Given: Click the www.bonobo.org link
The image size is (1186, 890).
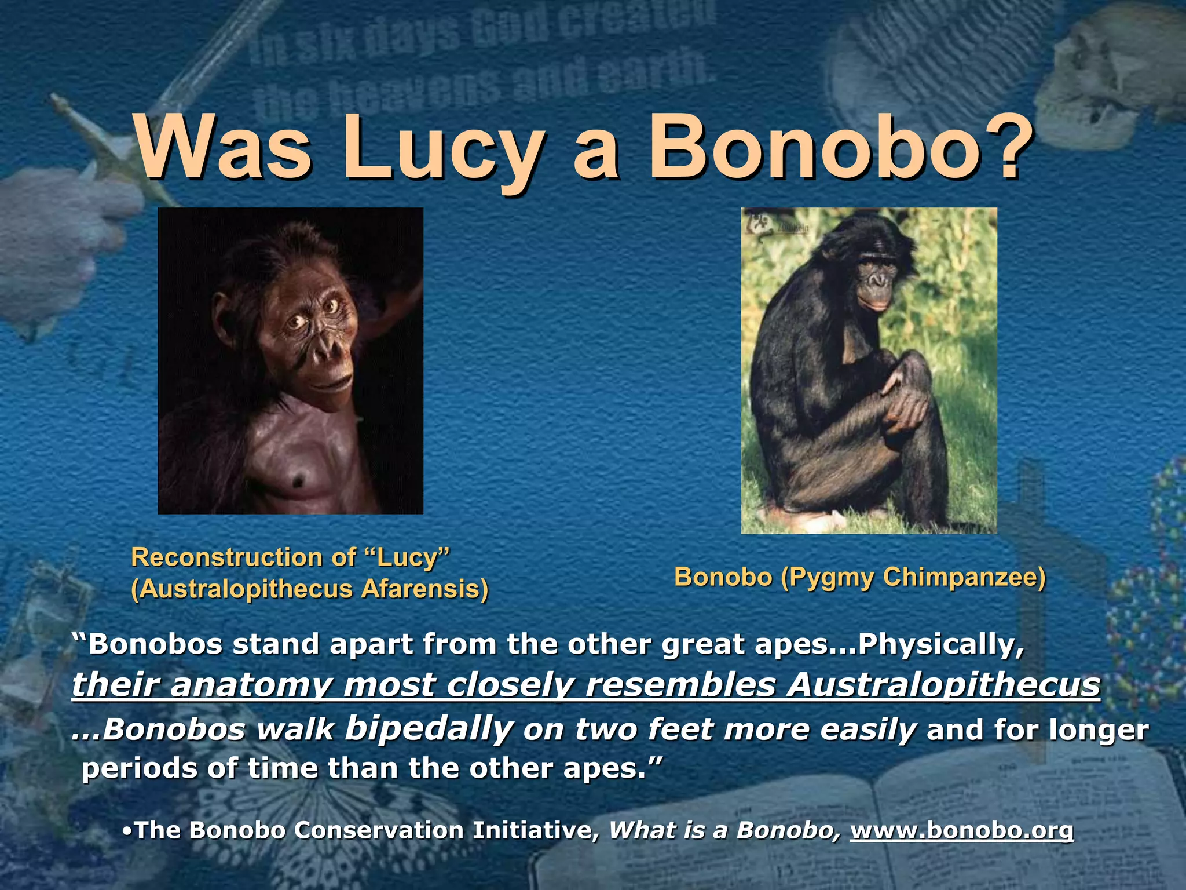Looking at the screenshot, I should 962,830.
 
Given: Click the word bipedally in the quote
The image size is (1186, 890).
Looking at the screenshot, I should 429,729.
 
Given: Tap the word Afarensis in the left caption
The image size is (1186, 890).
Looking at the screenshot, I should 425,589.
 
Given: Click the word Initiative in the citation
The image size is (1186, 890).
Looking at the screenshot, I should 536,830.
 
